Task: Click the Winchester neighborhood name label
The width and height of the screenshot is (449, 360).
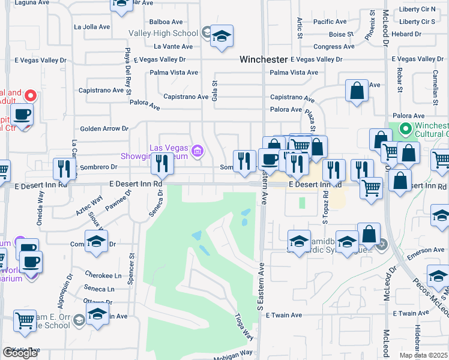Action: click(263, 59)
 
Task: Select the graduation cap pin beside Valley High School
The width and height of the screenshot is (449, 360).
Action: click(221, 37)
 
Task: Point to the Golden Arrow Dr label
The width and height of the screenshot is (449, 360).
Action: click(104, 128)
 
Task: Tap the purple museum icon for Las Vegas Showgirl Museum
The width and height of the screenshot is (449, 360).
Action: click(197, 149)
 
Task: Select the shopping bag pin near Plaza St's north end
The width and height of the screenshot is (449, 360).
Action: click(357, 92)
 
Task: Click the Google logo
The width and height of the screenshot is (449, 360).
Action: click(20, 353)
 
